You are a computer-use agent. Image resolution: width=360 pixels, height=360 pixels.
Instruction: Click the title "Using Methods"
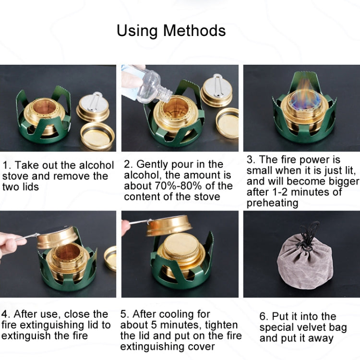171,31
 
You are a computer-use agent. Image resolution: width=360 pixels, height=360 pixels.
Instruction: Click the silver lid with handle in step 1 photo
93,106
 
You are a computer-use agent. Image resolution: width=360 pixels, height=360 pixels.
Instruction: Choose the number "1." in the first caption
6,166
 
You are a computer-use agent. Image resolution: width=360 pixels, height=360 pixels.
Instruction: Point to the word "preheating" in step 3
272,203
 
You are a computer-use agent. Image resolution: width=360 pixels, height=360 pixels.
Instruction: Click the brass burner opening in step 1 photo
46,107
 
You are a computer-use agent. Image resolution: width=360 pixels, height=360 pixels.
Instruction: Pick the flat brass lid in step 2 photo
227,122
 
